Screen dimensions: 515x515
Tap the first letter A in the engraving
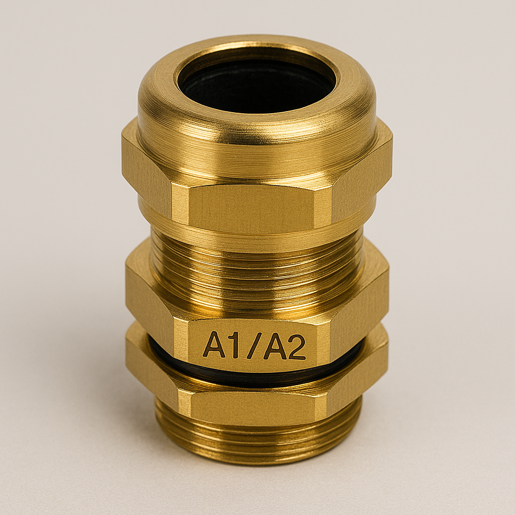tap(214, 345)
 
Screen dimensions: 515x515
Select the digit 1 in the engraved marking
tap(234, 345)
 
